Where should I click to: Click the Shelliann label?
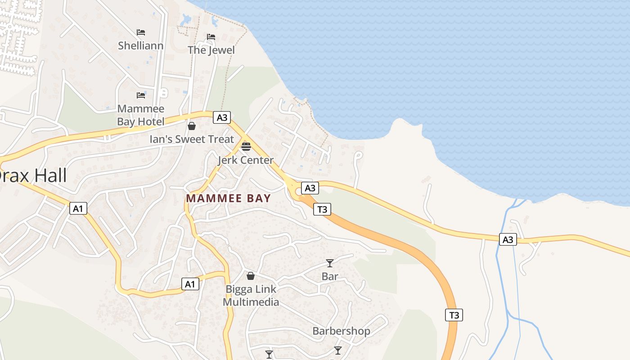click(x=140, y=45)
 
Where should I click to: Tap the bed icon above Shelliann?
click(x=141, y=32)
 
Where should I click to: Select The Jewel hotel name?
click(x=211, y=50)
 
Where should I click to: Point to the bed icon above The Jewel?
click(x=211, y=37)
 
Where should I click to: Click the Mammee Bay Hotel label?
click(x=140, y=115)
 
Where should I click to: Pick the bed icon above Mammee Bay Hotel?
click(x=141, y=95)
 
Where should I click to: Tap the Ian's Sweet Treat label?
click(x=192, y=139)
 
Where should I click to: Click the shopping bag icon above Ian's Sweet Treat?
click(x=192, y=126)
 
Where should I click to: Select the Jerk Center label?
click(x=246, y=160)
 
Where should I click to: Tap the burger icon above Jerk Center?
click(x=246, y=146)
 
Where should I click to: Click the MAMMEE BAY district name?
click(x=229, y=198)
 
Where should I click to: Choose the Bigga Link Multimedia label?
click(x=251, y=296)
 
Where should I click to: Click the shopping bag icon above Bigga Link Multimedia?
click(x=251, y=276)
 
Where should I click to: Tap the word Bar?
click(x=330, y=276)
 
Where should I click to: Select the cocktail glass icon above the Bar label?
click(x=330, y=263)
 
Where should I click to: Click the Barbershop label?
click(x=342, y=331)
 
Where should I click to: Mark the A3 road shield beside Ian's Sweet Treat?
click(x=222, y=118)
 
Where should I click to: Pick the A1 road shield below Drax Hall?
click(x=78, y=208)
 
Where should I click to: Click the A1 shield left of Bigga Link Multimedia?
click(x=190, y=284)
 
